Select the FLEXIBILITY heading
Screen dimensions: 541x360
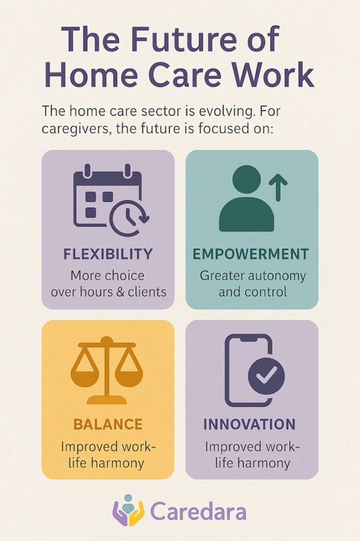tap(108, 254)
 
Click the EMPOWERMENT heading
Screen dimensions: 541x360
tap(251, 254)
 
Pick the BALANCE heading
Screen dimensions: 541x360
tap(108, 424)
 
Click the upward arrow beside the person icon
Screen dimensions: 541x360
tap(278, 188)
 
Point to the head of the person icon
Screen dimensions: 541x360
tap(246, 180)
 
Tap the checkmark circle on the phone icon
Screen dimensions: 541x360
tap(266, 376)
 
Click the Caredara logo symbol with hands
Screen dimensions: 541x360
tap(128, 510)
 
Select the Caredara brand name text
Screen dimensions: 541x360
tap(198, 511)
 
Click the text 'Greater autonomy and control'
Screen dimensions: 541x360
tap(252, 284)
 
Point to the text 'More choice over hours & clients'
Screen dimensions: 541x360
tap(108, 284)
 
